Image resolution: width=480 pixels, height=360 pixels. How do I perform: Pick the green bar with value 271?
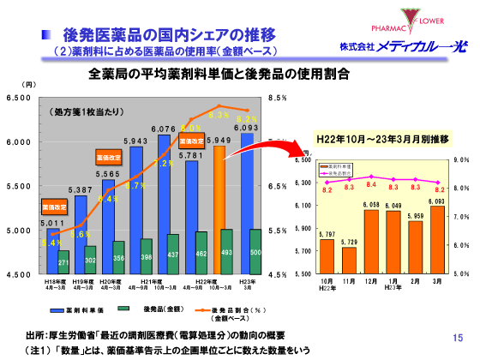(63, 261)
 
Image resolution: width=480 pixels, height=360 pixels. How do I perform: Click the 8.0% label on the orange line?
(190, 128)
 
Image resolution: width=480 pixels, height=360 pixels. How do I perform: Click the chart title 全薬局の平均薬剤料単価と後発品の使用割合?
(219, 75)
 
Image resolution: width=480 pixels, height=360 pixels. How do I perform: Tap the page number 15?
(457, 338)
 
